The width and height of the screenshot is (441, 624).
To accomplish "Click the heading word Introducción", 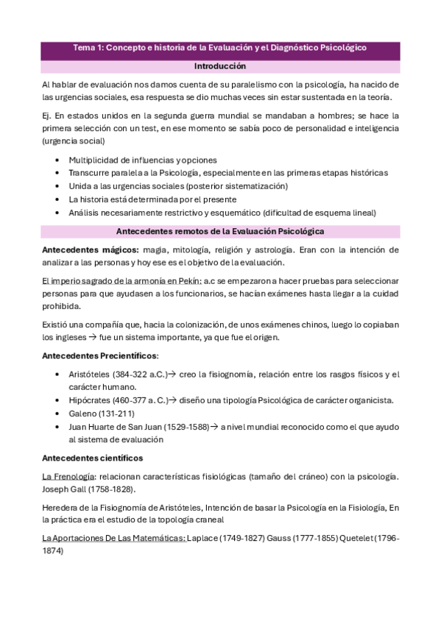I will pos(220,66).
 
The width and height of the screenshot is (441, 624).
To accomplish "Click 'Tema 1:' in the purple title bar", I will pos(88,47).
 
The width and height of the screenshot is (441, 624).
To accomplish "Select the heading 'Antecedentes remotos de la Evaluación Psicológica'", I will pos(220,232).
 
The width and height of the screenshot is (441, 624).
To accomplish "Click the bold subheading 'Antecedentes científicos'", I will pos(87,458).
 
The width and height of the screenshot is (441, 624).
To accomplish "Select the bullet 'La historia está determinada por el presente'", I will pos(152,199).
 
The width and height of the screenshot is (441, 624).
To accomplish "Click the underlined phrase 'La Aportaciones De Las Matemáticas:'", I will pos(114,539).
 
